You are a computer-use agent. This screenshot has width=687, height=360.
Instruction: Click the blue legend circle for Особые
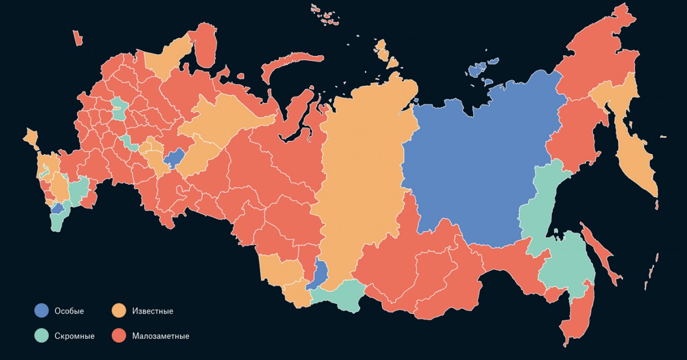pos(41,311)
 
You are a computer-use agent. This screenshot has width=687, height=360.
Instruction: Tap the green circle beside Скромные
pos(41,336)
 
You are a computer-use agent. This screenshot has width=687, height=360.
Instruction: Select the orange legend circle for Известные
pos(119,311)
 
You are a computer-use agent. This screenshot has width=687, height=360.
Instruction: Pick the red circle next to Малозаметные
pos(119,336)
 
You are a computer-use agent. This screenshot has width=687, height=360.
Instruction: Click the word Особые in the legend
pos(69,311)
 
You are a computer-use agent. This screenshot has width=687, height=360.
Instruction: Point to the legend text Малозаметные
pos(161,336)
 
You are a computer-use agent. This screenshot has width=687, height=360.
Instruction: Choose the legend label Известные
pos(152,311)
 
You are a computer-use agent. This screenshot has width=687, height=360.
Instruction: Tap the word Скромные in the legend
pos(74,336)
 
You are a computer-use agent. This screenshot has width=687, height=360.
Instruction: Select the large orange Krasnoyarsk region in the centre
pos(360,177)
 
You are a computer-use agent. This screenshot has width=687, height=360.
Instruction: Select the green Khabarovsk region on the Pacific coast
pos(565,260)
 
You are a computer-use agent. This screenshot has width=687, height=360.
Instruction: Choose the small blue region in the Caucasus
pos(57,209)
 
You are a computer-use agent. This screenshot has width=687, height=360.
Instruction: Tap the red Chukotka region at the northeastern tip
pos(598,50)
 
